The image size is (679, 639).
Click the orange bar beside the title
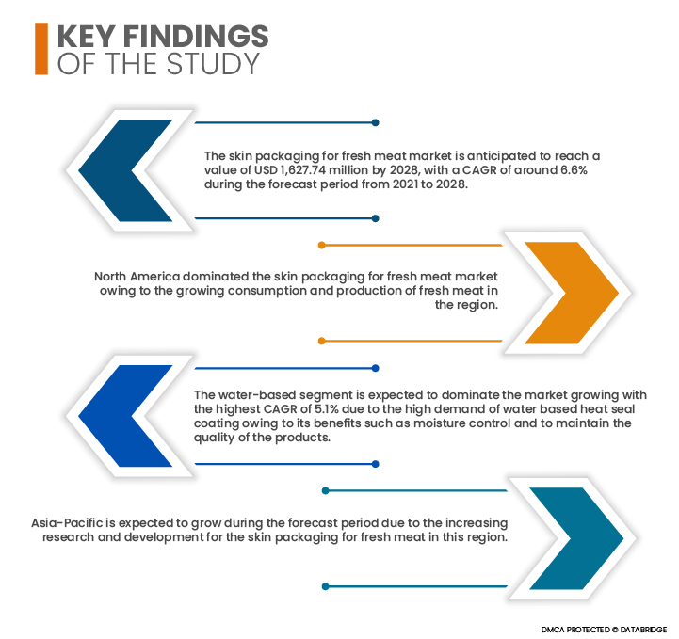[x=41, y=48]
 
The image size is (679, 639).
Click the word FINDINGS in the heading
[x=196, y=36]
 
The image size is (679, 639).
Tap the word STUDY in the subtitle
[x=213, y=64]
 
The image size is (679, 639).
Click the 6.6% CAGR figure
[x=574, y=170]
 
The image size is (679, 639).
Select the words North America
[x=137, y=277]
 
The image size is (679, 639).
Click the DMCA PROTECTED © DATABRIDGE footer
[x=604, y=630]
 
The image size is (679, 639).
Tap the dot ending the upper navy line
[x=376, y=123]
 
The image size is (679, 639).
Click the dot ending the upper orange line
[x=322, y=246]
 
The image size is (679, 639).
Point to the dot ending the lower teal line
[x=326, y=586]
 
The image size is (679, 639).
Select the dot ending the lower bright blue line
[x=376, y=464]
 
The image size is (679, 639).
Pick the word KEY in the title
[x=87, y=36]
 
